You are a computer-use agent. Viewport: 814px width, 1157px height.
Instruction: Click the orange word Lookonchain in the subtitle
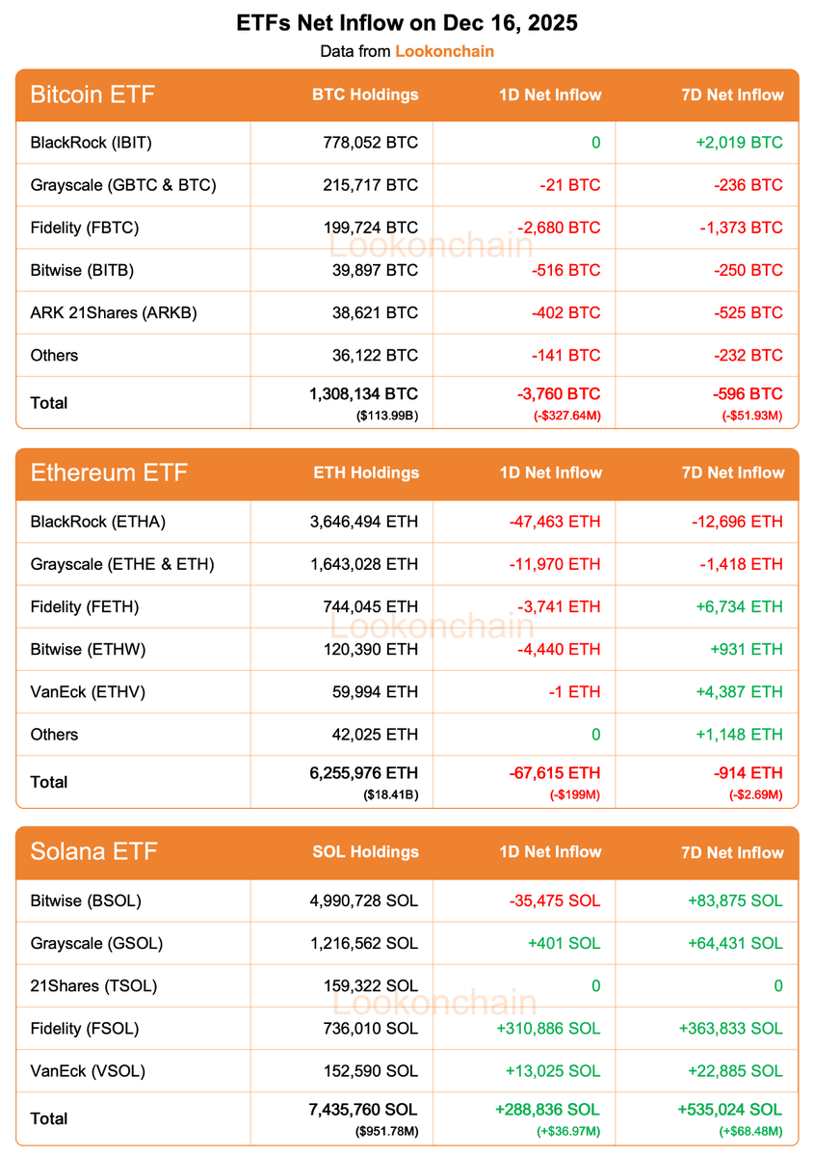(444, 51)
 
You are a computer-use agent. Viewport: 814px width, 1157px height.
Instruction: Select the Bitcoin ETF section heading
(92, 94)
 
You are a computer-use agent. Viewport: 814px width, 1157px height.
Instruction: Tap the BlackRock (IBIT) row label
(92, 143)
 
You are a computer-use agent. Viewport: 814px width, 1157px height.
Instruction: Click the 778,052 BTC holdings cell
(371, 143)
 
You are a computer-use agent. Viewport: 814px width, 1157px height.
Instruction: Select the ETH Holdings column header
(366, 472)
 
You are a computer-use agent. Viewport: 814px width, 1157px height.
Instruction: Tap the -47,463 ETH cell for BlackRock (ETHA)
(554, 522)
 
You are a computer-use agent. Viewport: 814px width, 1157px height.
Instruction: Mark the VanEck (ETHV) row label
(88, 691)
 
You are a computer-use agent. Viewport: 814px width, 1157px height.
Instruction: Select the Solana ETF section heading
(93, 851)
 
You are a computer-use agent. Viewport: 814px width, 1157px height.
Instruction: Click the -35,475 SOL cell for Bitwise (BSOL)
(554, 901)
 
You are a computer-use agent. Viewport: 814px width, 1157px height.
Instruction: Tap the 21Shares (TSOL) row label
(93, 985)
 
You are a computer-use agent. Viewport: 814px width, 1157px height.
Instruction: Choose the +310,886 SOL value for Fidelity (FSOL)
(548, 1028)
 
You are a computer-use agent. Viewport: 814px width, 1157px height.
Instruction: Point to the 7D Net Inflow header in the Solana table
(732, 852)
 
